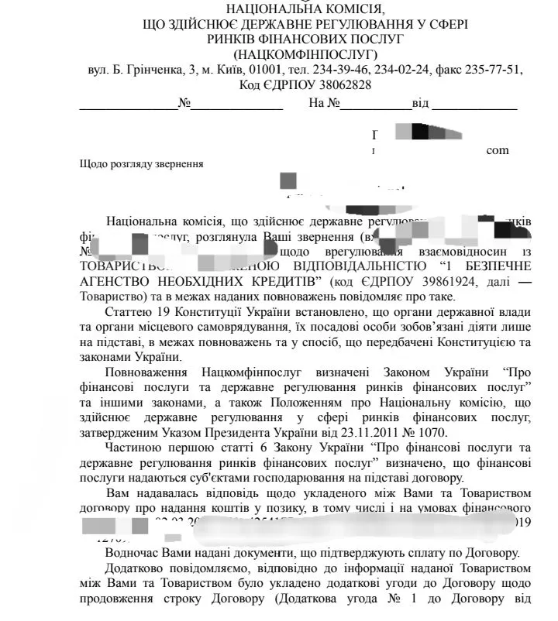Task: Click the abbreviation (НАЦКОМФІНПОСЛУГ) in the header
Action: click(305, 54)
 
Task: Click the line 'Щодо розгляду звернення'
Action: click(142, 164)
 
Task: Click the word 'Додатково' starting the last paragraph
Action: click(134, 568)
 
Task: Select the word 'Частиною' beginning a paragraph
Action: click(132, 448)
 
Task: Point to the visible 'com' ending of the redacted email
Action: click(497, 149)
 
